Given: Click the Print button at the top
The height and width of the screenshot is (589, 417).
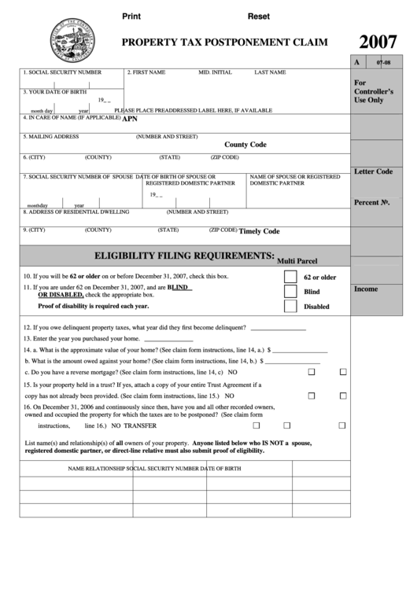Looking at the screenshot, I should pos(131,17).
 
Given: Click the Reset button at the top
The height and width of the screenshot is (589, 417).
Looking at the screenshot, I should pos(259,17).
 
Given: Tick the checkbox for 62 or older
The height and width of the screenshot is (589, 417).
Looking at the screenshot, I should pos(290,277).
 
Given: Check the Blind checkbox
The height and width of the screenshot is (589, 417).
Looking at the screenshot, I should pos(290,292).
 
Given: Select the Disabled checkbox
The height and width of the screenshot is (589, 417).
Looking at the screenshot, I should pos(290,307).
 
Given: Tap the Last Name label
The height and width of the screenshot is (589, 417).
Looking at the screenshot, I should pos(270,72).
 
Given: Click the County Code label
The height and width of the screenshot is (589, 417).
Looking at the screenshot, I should pos(245,145).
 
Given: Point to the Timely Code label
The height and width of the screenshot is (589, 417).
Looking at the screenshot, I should pos(259,231).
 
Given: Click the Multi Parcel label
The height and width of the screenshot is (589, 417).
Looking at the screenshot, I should pos(296,260).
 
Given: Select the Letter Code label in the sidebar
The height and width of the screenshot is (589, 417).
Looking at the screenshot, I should pos(373,171).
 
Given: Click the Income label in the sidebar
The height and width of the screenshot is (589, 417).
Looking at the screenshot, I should pos(366,289).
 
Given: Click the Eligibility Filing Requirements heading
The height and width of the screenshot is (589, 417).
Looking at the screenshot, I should pos(184,256).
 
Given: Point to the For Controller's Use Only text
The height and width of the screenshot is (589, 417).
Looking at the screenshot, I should pos(374,91).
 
